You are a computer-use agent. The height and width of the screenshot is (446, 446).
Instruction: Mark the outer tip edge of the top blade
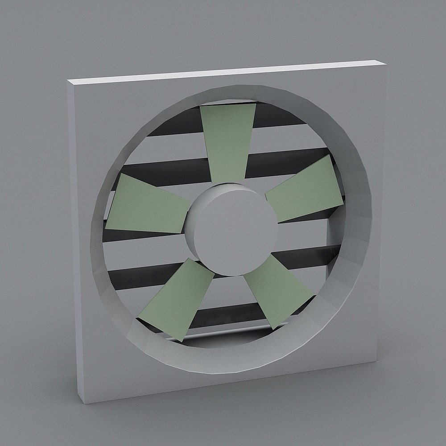pos(228,106)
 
